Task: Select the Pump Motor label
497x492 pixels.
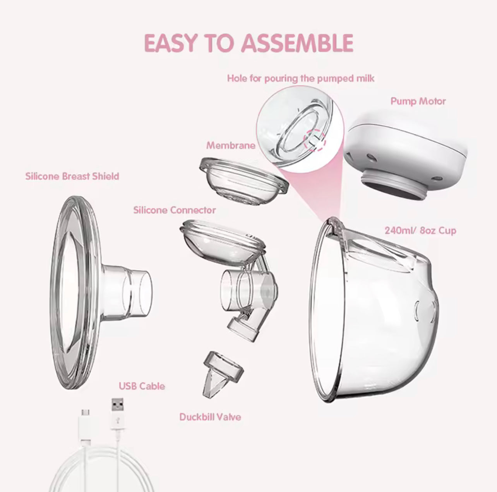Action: [x=418, y=101]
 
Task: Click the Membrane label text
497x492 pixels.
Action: [x=231, y=146]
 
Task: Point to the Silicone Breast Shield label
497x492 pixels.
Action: [x=72, y=176]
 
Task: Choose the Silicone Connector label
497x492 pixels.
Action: [x=174, y=210]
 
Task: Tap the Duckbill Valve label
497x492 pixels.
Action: [x=210, y=417]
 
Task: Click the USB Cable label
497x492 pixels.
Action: [x=142, y=386]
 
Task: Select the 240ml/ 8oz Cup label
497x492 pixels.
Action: [x=420, y=231]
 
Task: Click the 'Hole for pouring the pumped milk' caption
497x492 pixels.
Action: [x=300, y=78]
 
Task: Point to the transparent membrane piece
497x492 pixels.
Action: [x=244, y=180]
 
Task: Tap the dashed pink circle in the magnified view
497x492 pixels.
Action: [x=315, y=140]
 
